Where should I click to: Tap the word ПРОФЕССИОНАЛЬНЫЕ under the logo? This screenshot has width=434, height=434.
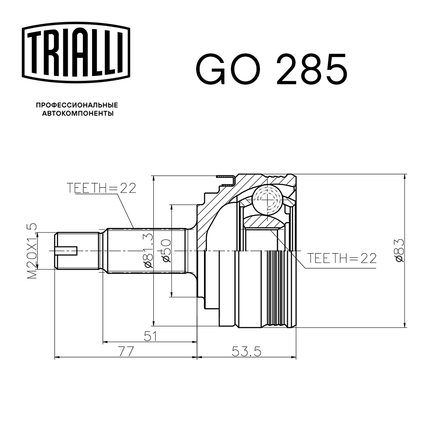pyautogui.click(x=76, y=105)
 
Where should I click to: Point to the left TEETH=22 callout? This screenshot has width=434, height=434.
pyautogui.click(x=102, y=187)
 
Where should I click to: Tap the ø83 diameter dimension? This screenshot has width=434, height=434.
pyautogui.click(x=398, y=250)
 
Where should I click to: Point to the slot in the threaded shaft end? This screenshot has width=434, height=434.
pyautogui.click(x=66, y=250)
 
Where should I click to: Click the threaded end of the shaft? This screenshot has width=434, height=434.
pyautogui.click(x=76, y=250)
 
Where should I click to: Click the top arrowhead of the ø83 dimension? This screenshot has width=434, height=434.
pyautogui.click(x=404, y=178)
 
